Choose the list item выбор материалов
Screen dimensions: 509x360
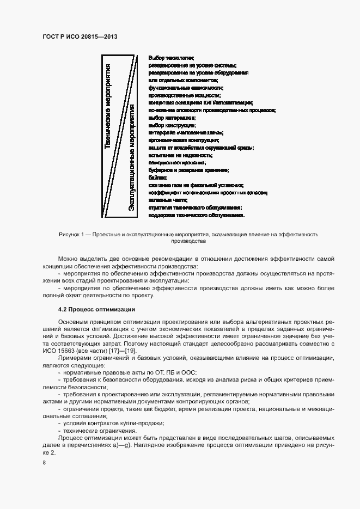172,118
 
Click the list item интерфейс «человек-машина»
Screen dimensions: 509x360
185,132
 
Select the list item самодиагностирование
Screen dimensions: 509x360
176,163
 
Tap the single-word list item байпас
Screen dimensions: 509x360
157,177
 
